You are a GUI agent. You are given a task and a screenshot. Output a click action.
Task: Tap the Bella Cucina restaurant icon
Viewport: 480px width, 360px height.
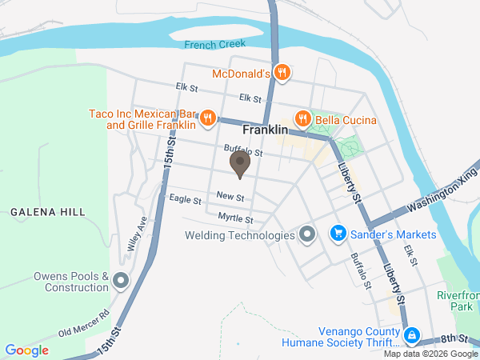point(302,120)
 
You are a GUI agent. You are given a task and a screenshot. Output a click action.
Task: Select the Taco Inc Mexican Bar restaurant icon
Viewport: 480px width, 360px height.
point(207,120)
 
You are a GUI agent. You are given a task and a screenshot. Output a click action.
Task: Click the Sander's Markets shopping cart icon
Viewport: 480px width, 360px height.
point(338,234)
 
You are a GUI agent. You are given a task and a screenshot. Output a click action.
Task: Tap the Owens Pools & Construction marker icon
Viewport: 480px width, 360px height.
point(121,281)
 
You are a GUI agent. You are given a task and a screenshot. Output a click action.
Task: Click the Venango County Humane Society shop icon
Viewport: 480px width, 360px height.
point(411,335)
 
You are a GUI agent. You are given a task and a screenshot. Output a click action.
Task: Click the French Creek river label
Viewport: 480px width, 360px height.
point(212,45)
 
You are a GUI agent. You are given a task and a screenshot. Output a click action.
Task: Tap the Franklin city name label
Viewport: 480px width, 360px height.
point(265,129)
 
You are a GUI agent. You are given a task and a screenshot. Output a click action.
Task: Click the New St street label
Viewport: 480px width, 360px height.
point(230,197)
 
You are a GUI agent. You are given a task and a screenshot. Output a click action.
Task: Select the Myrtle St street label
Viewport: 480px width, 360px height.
point(236,218)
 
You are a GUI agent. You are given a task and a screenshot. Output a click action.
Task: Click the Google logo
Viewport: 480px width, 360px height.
point(27,350)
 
